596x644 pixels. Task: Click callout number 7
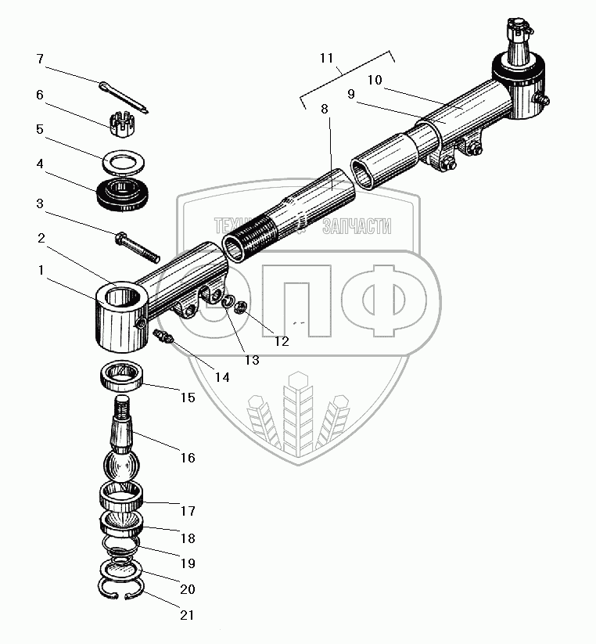click(40, 59)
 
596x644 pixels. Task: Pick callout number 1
click(40, 271)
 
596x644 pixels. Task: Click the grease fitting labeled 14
click(163, 338)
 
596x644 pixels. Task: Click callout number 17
click(188, 511)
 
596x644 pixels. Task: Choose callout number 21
click(187, 615)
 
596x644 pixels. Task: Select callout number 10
click(374, 80)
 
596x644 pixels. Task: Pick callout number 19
click(188, 563)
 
